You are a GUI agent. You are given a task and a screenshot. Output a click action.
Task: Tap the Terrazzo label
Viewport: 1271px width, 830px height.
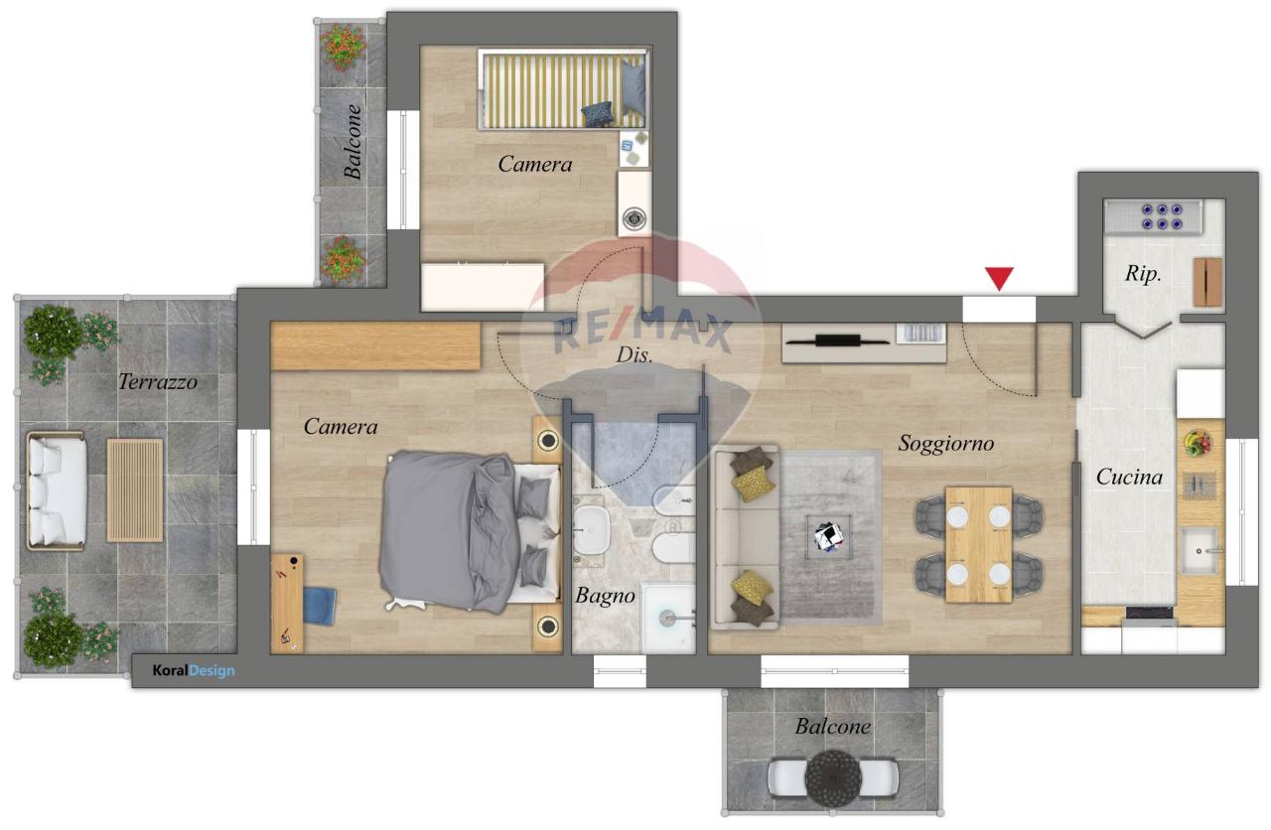158,382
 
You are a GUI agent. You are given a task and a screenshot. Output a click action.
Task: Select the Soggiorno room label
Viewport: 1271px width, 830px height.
946,444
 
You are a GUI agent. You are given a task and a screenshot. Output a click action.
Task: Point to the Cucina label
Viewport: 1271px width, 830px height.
1129,478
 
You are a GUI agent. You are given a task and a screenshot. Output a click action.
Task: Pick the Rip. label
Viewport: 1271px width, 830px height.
1143,274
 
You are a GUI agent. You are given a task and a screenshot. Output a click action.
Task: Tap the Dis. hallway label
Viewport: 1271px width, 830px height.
635,355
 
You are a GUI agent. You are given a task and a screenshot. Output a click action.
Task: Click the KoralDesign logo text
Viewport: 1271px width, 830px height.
194,670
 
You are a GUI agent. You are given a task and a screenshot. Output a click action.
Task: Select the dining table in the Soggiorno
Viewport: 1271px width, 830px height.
979,544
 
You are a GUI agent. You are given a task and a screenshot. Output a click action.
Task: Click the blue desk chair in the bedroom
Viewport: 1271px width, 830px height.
320,606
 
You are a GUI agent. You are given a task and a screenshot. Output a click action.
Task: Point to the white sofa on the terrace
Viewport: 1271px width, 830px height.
57,491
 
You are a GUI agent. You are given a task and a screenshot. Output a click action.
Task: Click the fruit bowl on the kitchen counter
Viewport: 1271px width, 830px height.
1198,443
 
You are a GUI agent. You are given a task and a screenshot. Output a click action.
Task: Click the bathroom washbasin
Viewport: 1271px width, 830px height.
591,530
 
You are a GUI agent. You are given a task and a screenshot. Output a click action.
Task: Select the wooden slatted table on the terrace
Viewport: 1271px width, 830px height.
135,490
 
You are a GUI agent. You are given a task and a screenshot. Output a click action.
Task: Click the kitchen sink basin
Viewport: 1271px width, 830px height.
1200,550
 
